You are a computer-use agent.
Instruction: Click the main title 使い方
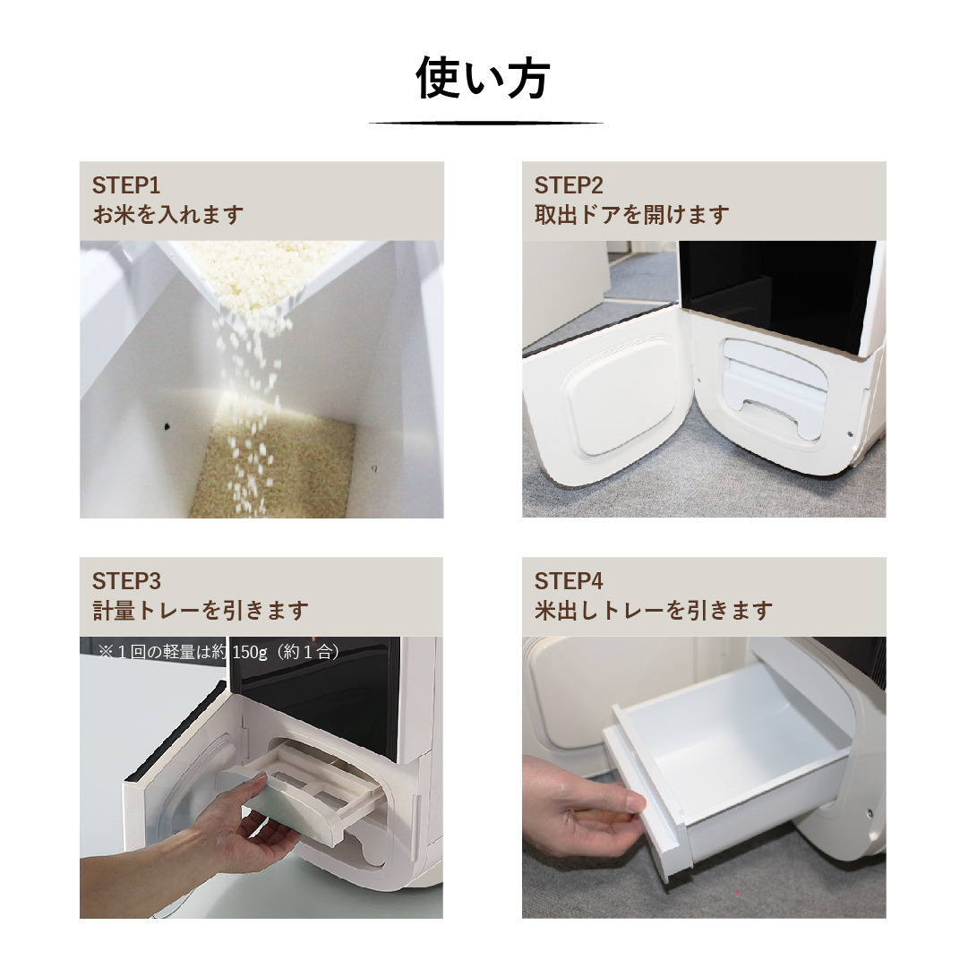[483, 80]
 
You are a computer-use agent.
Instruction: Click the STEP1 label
[125, 185]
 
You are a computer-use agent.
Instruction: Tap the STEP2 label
[569, 185]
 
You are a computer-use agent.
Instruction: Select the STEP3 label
[126, 581]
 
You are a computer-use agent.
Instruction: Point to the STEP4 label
[569, 581]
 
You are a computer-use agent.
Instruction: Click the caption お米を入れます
[168, 215]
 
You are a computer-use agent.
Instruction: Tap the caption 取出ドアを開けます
[631, 215]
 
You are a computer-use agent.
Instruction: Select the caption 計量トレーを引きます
[201, 611]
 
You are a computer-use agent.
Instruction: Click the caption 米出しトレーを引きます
[654, 611]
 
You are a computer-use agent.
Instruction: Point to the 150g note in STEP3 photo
[219, 652]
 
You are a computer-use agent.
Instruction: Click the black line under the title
[485, 123]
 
